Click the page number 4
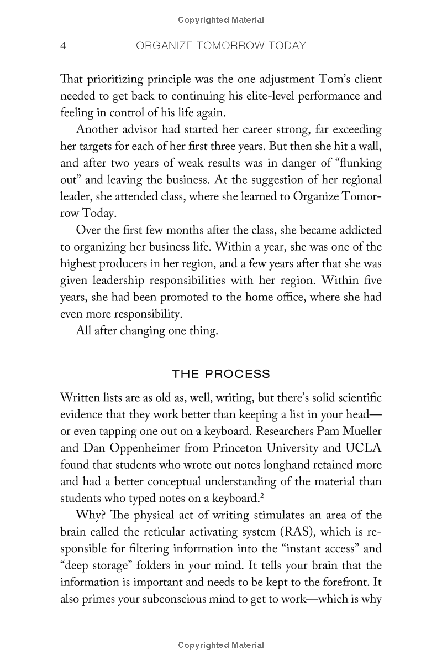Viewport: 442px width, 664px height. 64,46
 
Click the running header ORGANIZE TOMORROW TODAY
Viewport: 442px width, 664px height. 221,46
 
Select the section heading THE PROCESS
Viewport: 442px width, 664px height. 221,374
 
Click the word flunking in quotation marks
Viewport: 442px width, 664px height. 354,164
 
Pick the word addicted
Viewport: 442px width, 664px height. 355,230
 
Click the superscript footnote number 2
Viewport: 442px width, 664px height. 261,495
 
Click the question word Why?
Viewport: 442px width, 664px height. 89,516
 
